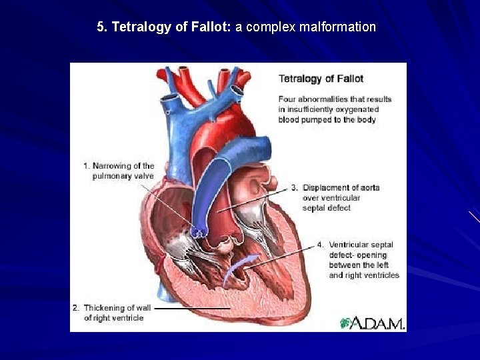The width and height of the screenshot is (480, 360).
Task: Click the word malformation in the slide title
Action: (x=338, y=27)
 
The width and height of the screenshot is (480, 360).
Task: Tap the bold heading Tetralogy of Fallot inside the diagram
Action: (x=321, y=79)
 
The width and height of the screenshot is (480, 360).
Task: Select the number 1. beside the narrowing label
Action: (x=86, y=166)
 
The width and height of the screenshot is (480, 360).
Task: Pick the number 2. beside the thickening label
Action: (x=76, y=308)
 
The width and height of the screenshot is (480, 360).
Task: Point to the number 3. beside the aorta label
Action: (x=294, y=187)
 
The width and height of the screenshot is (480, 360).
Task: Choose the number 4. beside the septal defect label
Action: (x=321, y=245)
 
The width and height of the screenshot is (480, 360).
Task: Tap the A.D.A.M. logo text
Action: (x=378, y=323)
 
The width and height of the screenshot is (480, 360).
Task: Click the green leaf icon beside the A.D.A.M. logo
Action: (x=345, y=323)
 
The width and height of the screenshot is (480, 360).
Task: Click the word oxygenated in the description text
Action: (x=356, y=109)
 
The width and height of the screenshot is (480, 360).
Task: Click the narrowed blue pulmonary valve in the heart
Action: (x=197, y=231)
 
